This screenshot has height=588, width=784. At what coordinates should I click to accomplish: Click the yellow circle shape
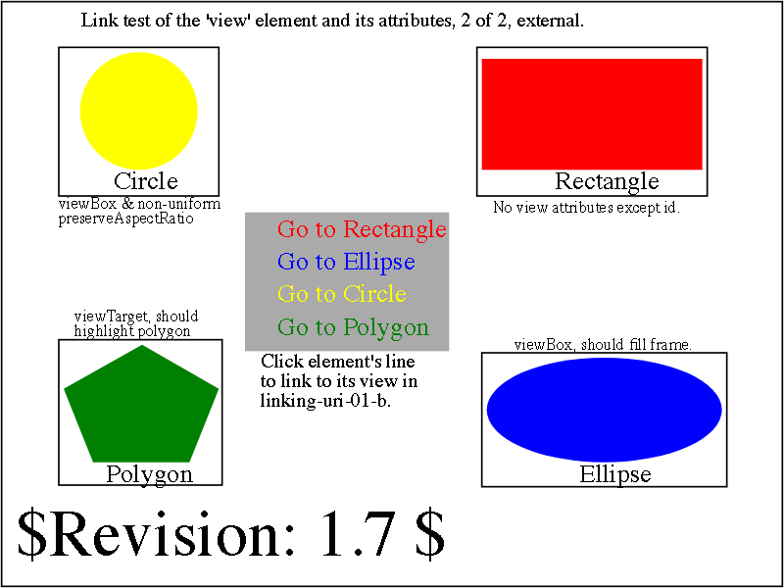pyautogui.click(x=139, y=111)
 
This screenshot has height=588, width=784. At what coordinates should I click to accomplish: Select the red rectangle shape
pyautogui.click(x=592, y=114)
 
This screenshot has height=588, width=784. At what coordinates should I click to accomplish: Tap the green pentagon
pyautogui.click(x=141, y=404)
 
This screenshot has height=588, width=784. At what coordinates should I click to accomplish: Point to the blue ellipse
pyautogui.click(x=604, y=410)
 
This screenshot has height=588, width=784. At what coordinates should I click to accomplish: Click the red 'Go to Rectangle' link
pyautogui.click(x=362, y=229)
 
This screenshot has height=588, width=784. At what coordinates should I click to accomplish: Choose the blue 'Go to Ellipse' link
pyautogui.click(x=347, y=262)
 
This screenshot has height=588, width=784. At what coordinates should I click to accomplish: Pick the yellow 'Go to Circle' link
pyautogui.click(x=342, y=293)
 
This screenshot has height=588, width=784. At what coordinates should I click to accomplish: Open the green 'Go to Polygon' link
pyautogui.click(x=354, y=327)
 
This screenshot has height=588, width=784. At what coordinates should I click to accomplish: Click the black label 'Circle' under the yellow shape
pyautogui.click(x=146, y=181)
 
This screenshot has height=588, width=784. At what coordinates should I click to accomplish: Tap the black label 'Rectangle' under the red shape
pyautogui.click(x=607, y=181)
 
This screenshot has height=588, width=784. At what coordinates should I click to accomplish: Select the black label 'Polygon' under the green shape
pyautogui.click(x=150, y=475)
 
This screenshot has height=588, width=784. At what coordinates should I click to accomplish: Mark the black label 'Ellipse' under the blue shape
pyautogui.click(x=615, y=473)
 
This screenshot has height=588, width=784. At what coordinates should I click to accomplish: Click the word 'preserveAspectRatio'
pyautogui.click(x=126, y=219)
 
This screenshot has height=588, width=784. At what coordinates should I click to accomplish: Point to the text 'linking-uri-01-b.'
pyautogui.click(x=325, y=402)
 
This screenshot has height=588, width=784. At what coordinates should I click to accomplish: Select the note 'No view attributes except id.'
pyautogui.click(x=587, y=207)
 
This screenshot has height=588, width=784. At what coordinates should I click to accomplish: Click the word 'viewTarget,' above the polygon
pyautogui.click(x=115, y=317)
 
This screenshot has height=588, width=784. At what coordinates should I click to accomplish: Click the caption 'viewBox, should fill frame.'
pyautogui.click(x=603, y=345)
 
